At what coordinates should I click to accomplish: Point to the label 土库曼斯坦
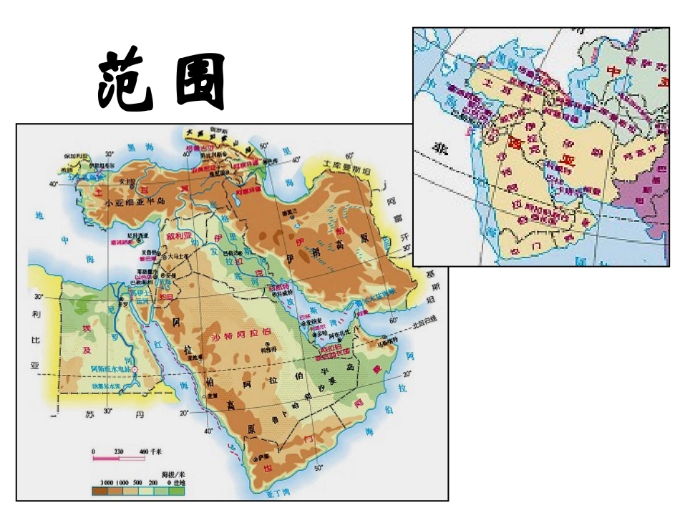[347, 165]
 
